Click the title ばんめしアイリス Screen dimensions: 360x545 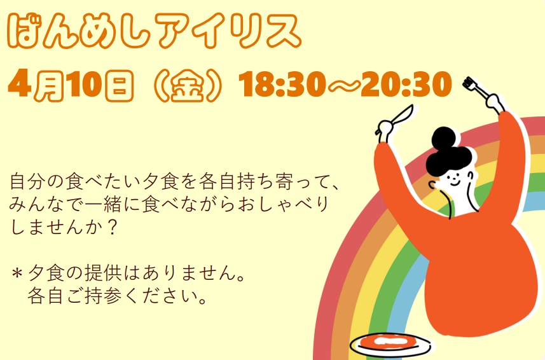click(x=153, y=30)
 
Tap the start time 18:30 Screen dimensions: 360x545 click(x=282, y=86)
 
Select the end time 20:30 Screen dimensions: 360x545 click(x=405, y=86)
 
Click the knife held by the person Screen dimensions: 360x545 click(x=396, y=120)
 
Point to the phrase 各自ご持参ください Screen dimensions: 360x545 click(x=118, y=296)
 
